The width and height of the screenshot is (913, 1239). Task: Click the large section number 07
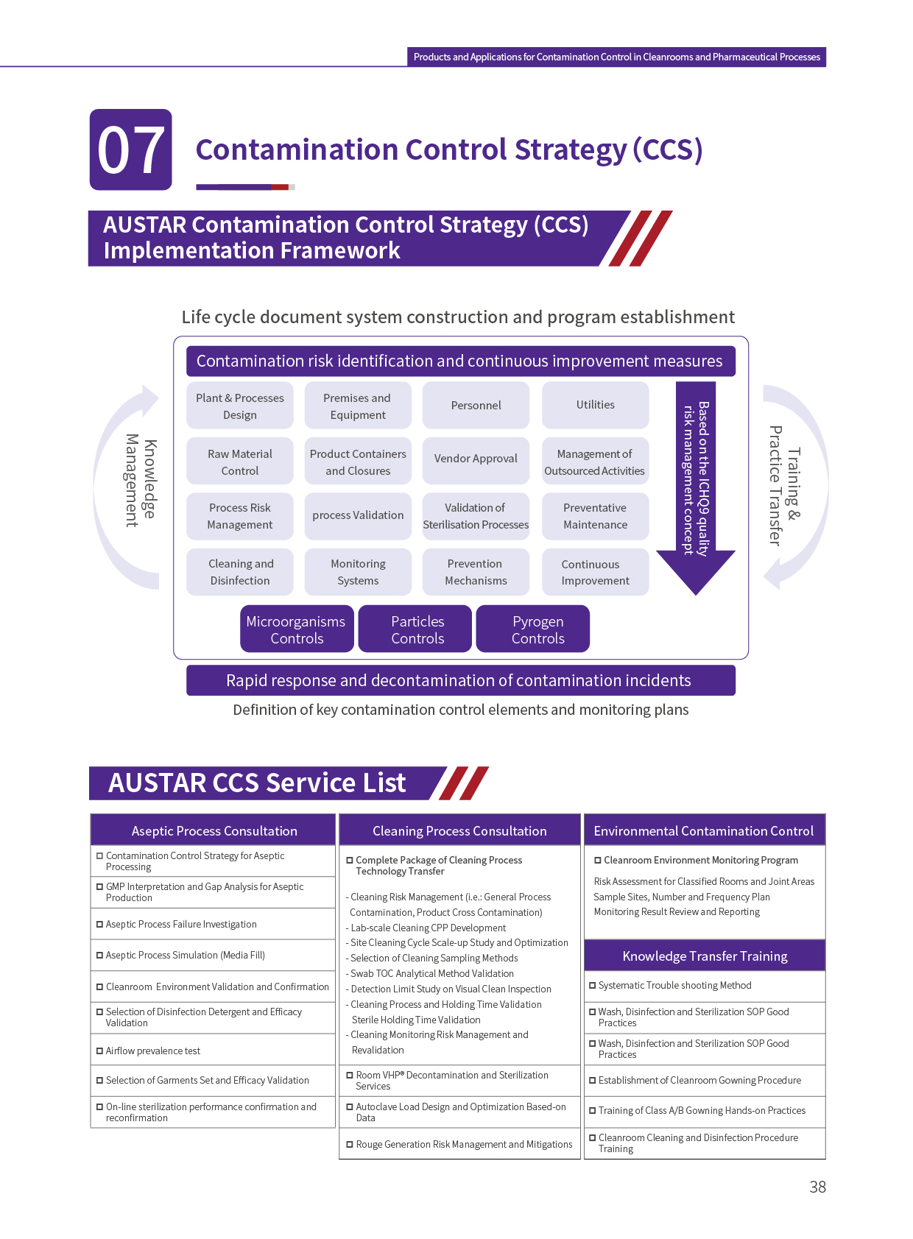(x=131, y=150)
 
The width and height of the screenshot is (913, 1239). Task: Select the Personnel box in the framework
(x=476, y=405)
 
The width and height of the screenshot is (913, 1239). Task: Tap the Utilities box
(x=595, y=405)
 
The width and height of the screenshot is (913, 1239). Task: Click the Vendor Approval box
(x=476, y=459)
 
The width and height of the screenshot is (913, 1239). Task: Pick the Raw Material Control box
(x=240, y=462)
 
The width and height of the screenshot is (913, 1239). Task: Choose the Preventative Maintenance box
(x=595, y=516)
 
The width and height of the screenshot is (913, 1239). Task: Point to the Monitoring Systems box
(x=358, y=572)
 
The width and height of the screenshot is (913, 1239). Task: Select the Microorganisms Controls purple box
(x=296, y=629)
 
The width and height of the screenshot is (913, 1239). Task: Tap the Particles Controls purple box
(x=417, y=629)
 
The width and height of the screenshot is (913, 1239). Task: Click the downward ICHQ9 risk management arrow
(x=695, y=486)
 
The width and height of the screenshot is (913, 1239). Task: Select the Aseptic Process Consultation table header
(x=214, y=830)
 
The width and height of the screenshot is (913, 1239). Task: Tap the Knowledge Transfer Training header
(x=705, y=956)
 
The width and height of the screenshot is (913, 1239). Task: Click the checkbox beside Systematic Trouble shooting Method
(x=593, y=985)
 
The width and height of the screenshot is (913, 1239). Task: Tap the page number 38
(x=817, y=1187)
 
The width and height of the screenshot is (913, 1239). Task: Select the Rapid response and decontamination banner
(x=459, y=680)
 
